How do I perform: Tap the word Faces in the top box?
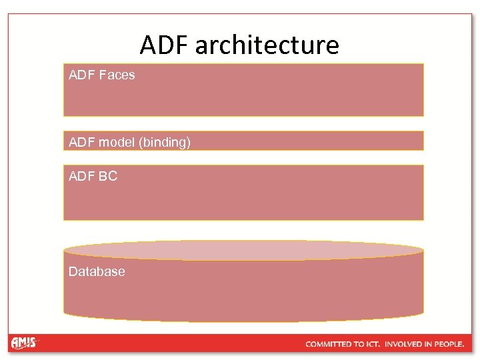117,75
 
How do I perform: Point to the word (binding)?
165,142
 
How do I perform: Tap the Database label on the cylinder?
97,271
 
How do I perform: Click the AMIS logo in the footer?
25,343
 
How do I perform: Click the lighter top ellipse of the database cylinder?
243,251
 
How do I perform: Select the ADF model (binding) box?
243,141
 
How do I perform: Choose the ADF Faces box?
243,90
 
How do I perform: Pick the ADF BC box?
243,192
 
